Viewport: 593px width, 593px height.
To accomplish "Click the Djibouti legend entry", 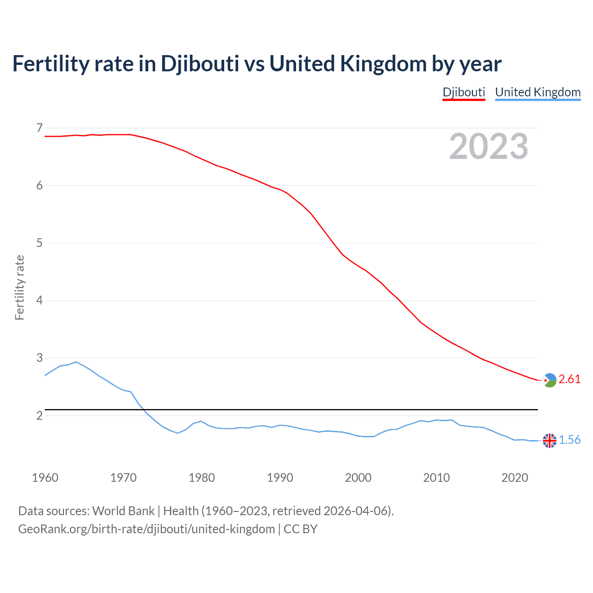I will [x=464, y=92].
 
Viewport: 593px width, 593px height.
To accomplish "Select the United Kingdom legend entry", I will [x=537, y=92].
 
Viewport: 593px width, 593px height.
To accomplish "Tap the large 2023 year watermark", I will [x=488, y=146].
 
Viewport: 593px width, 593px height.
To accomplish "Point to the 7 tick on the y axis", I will [x=39, y=128].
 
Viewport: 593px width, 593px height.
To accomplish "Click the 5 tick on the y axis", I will [x=39, y=243].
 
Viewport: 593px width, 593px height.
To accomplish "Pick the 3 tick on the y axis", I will [x=39, y=358].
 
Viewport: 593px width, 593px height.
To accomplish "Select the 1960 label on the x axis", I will [x=45, y=478].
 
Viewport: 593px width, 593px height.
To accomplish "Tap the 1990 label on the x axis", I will [x=280, y=478].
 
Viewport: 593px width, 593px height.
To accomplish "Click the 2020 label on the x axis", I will [x=515, y=478].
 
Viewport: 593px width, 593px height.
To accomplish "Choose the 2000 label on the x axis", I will [x=358, y=478].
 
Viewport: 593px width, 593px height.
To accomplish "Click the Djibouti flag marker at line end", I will [x=549, y=380].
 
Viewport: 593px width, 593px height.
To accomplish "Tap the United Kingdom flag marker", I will [x=549, y=441].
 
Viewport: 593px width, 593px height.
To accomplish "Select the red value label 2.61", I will [x=569, y=379].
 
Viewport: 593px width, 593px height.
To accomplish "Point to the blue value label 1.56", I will [x=569, y=440].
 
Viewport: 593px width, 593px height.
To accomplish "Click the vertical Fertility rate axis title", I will [x=19, y=287].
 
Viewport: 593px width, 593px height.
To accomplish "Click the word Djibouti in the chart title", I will [x=200, y=64].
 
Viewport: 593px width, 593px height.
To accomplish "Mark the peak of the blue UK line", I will [x=76, y=362].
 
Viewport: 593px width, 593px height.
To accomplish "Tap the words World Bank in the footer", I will [x=123, y=511].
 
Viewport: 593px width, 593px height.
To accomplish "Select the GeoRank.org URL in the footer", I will [x=146, y=529].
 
